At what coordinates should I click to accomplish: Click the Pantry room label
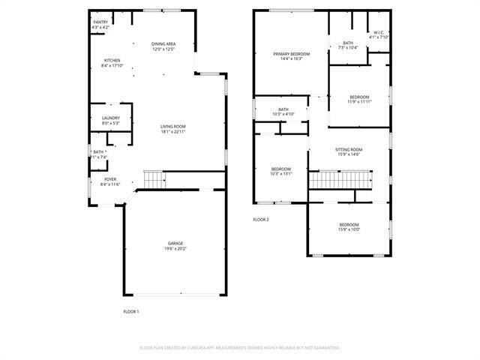click(x=100, y=25)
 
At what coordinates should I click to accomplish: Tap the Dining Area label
click(x=163, y=46)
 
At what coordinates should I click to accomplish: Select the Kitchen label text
click(x=112, y=63)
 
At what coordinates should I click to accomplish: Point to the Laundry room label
click(x=111, y=120)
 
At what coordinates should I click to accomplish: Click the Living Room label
click(x=172, y=129)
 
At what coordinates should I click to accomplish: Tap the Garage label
click(x=175, y=246)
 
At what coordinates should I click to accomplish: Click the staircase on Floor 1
click(x=154, y=180)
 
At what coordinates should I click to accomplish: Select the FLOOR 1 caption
click(x=131, y=310)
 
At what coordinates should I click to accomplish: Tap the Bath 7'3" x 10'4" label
click(x=348, y=45)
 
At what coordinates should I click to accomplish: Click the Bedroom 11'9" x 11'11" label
click(x=359, y=99)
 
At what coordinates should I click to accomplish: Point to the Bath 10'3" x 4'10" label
click(x=283, y=112)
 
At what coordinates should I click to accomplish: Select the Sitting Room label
click(x=349, y=151)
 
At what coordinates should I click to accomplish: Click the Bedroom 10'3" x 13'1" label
click(x=281, y=171)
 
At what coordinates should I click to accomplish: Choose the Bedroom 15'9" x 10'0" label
click(x=349, y=227)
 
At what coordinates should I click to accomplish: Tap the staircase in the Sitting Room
click(x=341, y=180)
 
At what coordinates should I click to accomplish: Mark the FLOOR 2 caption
click(x=260, y=219)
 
